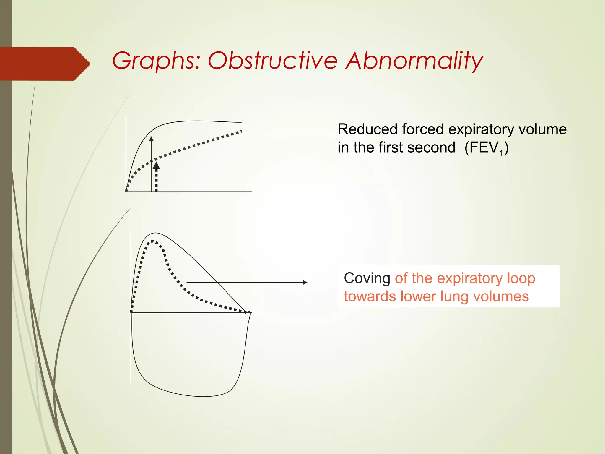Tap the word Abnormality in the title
(x=414, y=61)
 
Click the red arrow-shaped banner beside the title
(x=44, y=64)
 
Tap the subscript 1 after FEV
(x=501, y=153)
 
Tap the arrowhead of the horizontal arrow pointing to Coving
(x=305, y=283)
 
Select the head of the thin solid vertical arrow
(x=151, y=139)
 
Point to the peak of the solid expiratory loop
(x=155, y=233)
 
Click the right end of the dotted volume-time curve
(x=241, y=131)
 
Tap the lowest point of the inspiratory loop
(x=204, y=396)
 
